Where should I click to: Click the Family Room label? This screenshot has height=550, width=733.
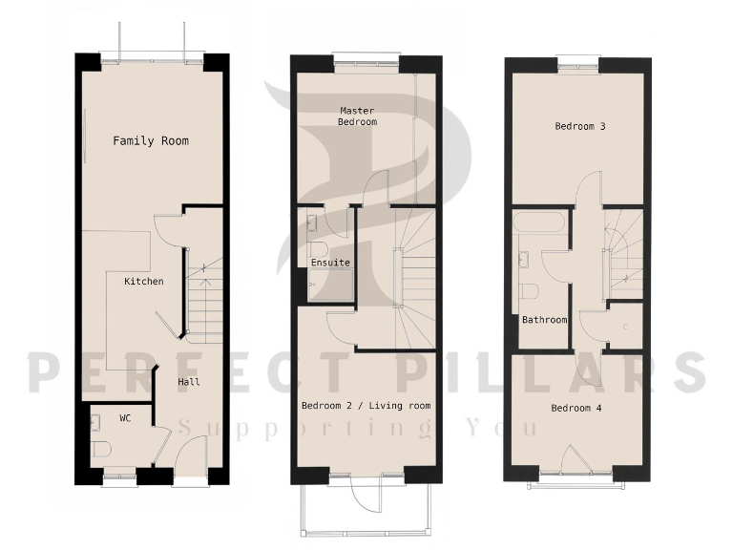(151, 140)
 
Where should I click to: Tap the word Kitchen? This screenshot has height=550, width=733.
(143, 282)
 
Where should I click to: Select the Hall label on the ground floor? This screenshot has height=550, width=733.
(189, 382)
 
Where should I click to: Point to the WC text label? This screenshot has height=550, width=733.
(125, 418)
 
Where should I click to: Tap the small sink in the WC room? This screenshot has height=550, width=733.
(95, 418)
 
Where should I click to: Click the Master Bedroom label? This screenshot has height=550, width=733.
(358, 116)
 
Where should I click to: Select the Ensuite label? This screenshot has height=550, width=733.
(330, 262)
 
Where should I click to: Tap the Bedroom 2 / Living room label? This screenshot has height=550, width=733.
(366, 406)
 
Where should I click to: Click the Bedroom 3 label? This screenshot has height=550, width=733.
(580, 126)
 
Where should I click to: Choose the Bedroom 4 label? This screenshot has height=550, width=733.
(576, 408)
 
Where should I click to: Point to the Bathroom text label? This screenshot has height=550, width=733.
(544, 320)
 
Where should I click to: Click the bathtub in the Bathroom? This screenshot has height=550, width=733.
(539, 225)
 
